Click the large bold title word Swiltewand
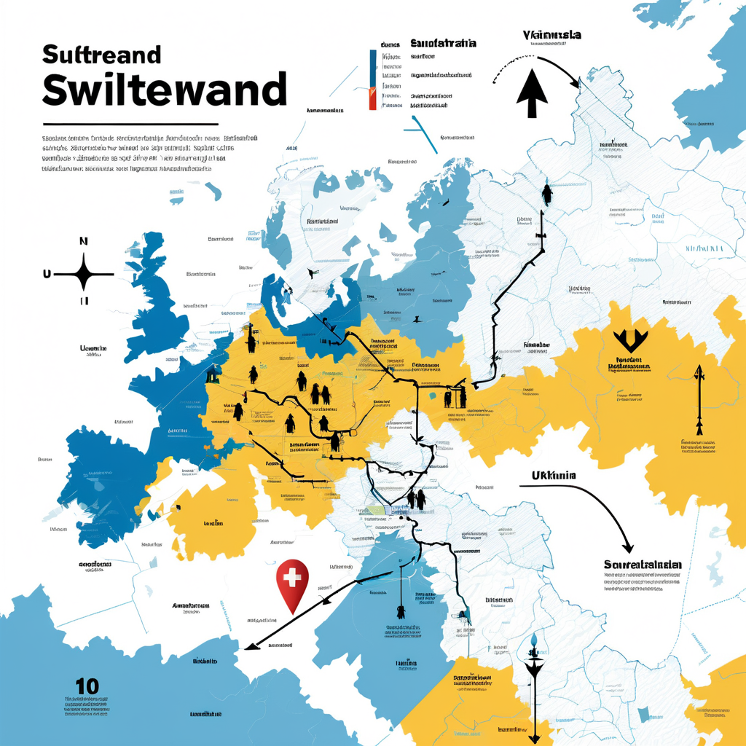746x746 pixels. click(x=164, y=90)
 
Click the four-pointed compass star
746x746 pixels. click(x=84, y=274)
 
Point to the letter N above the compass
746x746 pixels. click(x=83, y=241)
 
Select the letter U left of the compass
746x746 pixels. click(x=47, y=275)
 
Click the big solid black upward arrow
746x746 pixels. click(x=532, y=93)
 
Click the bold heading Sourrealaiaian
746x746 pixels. click(x=643, y=565)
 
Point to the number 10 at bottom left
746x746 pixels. click(x=87, y=686)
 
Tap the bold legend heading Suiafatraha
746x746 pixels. click(x=443, y=43)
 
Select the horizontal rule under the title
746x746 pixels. click(x=130, y=125)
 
